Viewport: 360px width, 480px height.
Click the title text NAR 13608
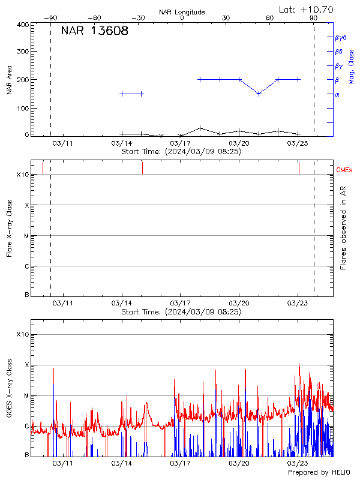94,32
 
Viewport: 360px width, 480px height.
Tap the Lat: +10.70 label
307,9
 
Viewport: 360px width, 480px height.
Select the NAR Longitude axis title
182,12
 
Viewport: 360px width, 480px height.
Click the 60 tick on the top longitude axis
270,19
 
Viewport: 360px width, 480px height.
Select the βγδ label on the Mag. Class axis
341,37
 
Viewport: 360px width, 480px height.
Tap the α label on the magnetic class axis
337,94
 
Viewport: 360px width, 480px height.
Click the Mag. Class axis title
352,66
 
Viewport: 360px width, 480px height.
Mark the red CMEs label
344,170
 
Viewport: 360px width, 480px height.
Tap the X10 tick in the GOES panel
22,334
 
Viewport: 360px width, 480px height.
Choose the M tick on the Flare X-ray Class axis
26,236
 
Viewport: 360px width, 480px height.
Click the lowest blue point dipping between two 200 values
259,94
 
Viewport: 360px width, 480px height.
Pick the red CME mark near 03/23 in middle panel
299,167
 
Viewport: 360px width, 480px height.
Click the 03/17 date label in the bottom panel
181,463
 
